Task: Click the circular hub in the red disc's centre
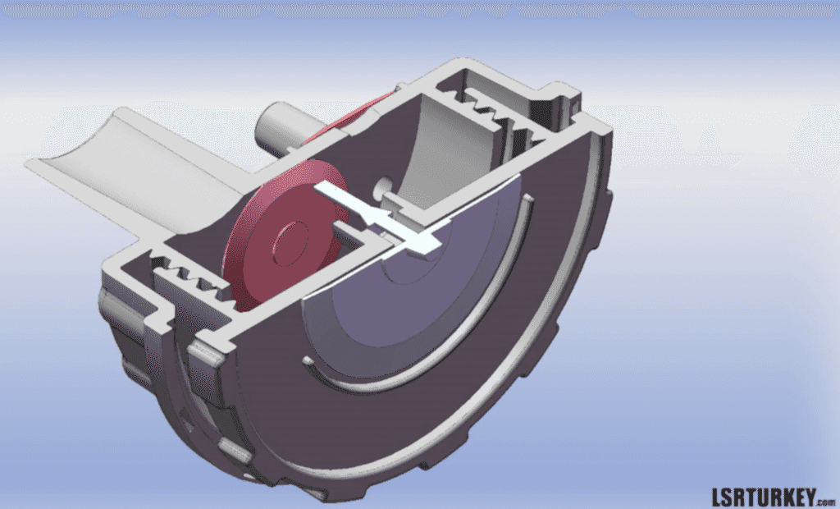(291, 243)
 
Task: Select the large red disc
(284, 236)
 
